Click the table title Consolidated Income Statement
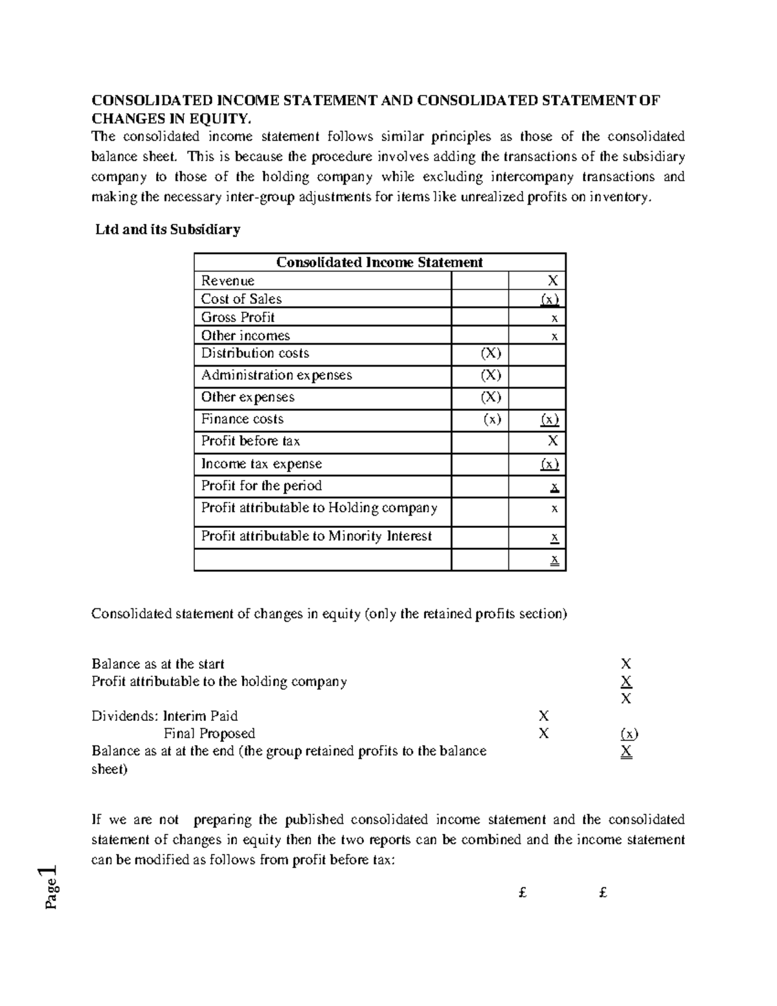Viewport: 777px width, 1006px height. [x=379, y=262]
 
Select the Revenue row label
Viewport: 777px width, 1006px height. [x=227, y=281]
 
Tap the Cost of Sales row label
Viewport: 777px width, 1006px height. [x=241, y=299]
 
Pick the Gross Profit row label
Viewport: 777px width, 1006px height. [x=238, y=317]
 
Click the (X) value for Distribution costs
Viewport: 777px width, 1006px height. [x=490, y=354]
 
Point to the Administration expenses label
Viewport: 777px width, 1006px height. [x=276, y=376]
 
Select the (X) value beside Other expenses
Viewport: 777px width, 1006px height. [x=490, y=398]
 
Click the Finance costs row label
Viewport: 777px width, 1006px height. [x=242, y=419]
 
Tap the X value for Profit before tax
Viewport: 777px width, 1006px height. [x=552, y=441]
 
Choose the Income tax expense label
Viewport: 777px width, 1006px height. [x=261, y=464]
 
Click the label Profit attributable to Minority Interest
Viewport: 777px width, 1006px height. [x=316, y=536]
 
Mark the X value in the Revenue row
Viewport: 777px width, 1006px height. [x=552, y=281]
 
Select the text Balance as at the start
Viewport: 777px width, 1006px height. [x=158, y=664]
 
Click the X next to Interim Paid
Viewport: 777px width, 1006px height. [x=543, y=716]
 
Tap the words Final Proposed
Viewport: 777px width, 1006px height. [x=209, y=734]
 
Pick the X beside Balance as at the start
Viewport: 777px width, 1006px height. [x=625, y=664]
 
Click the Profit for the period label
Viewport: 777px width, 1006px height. [x=261, y=486]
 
